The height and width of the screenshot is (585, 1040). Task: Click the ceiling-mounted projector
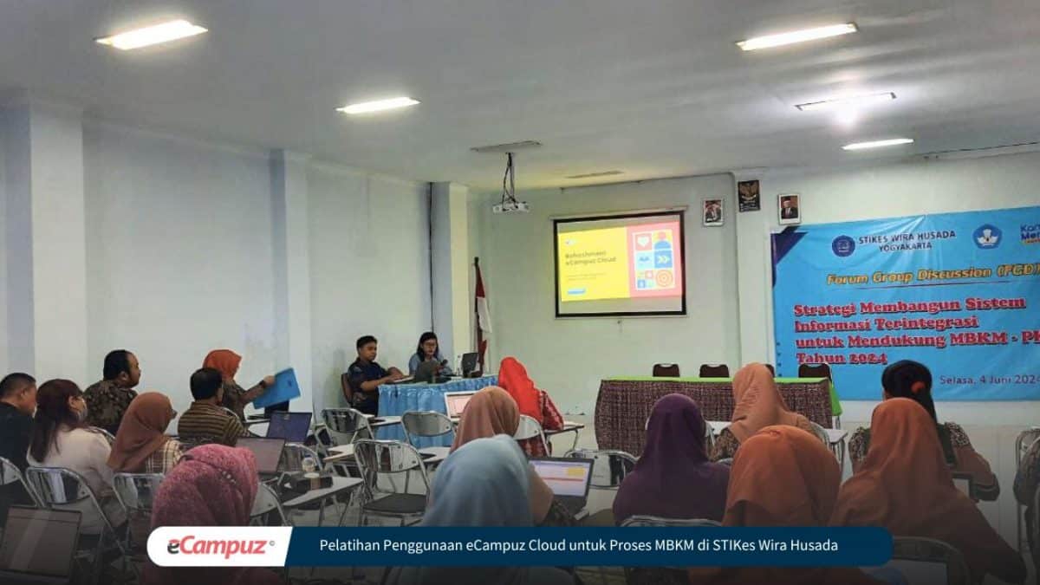point(510,206)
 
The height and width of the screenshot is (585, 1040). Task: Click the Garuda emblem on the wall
point(749,195)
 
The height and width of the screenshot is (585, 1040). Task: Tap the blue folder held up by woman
point(278,389)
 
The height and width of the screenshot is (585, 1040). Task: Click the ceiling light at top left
point(152,35)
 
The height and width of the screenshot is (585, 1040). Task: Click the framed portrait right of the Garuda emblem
point(788,209)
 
